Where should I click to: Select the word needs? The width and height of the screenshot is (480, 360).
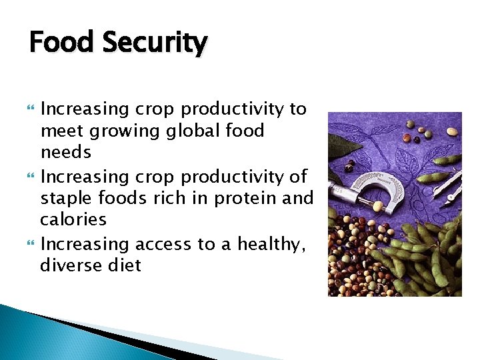[65, 153]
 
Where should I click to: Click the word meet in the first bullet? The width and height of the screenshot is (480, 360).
[59, 131]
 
